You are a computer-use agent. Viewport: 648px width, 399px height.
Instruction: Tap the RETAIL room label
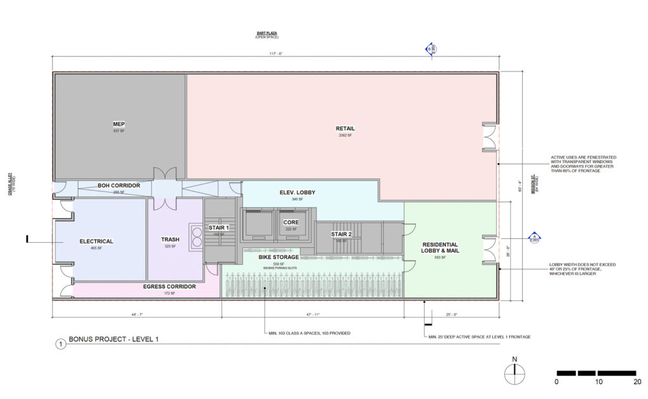click(x=346, y=128)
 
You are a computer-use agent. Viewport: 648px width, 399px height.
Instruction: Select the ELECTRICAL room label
click(x=96, y=241)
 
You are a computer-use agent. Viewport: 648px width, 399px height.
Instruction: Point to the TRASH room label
click(x=170, y=240)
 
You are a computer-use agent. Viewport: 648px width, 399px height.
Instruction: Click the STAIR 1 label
click(x=218, y=227)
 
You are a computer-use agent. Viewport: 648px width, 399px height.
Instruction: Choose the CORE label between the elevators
click(x=291, y=222)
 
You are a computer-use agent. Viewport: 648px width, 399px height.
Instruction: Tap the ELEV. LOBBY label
click(x=297, y=192)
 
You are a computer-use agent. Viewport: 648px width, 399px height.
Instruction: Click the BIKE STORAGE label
click(x=278, y=257)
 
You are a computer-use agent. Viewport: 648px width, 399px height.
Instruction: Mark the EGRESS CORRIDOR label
click(x=170, y=286)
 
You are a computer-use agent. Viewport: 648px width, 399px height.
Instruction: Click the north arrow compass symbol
click(x=514, y=375)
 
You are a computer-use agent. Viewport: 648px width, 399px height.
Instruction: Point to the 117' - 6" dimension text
click(x=276, y=53)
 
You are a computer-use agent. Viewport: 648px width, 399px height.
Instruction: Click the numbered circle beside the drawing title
click(x=60, y=345)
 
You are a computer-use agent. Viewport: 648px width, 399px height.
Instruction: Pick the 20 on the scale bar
click(x=637, y=382)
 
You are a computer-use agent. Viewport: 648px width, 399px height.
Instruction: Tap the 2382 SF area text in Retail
click(x=346, y=136)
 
